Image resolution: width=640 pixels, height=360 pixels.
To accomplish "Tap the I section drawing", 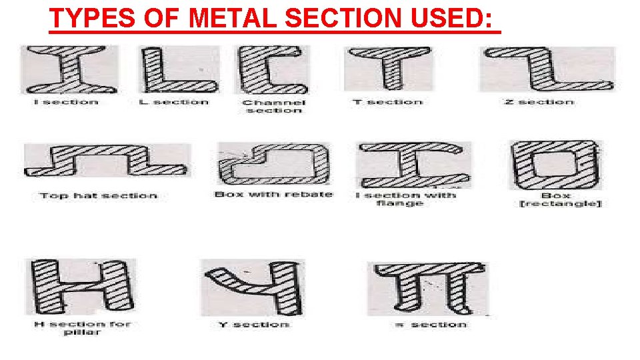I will pos(69,69).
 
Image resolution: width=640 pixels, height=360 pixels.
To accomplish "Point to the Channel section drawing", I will pos(270,71).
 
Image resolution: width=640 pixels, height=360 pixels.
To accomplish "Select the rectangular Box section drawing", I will pos(555,164).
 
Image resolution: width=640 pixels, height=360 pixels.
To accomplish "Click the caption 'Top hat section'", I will pos(98,196).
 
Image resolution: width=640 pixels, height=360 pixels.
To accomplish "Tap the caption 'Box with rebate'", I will pos(273,195).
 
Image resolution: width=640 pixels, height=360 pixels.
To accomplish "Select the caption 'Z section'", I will pos(539,102).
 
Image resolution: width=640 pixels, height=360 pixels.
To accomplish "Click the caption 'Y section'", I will pos(254,325).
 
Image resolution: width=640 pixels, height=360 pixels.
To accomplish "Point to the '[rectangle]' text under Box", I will pos(559,203).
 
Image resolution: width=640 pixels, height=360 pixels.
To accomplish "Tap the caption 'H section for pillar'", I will pos(82,328).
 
